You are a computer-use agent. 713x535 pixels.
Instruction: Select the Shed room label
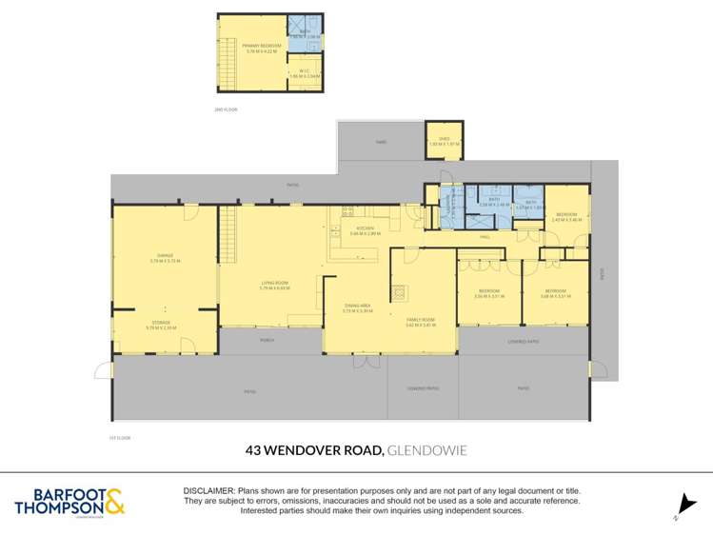(444, 138)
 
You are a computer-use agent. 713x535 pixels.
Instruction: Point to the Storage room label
(161, 324)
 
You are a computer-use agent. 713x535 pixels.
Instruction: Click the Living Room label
(274, 283)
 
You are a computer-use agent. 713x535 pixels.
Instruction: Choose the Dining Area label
(357, 306)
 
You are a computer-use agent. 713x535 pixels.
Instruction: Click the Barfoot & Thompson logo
(69, 502)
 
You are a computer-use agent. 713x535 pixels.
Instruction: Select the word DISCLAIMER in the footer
(208, 489)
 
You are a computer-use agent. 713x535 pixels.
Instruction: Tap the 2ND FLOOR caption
(225, 110)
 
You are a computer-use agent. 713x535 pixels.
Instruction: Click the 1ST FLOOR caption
(119, 437)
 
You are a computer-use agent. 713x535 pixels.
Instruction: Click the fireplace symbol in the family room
(398, 293)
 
